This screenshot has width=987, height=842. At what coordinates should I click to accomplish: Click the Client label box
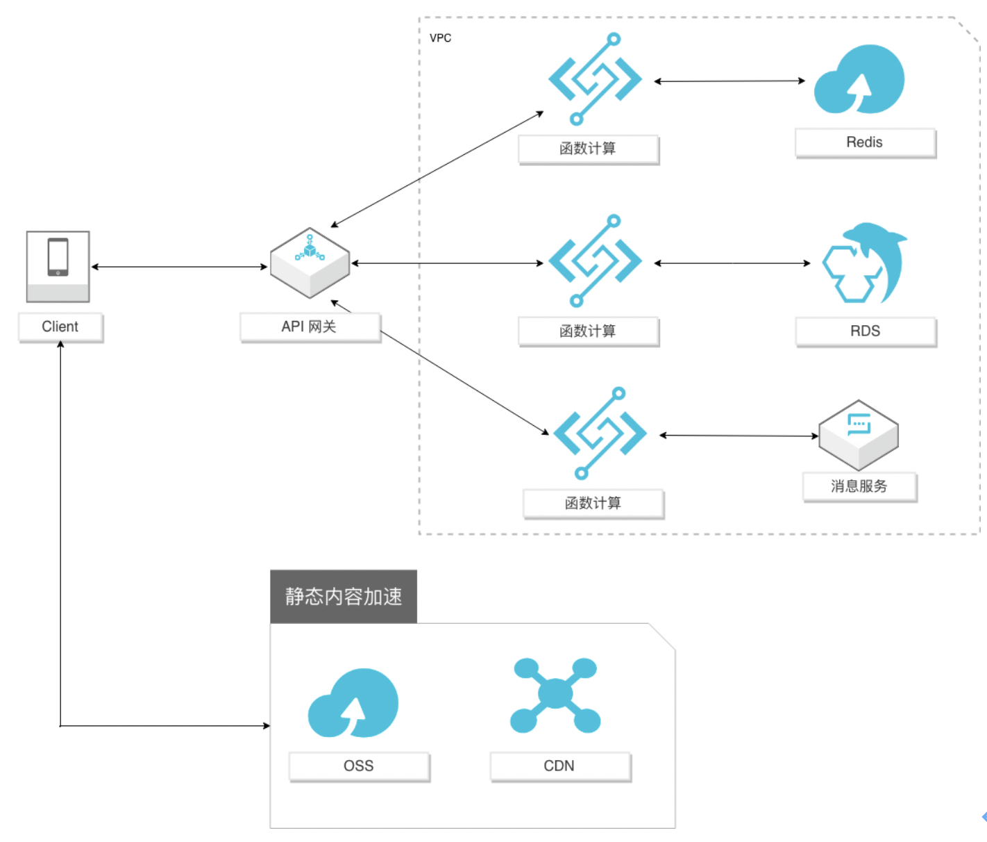pyautogui.click(x=60, y=327)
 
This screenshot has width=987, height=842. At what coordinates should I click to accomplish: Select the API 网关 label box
pyautogui.click(x=310, y=327)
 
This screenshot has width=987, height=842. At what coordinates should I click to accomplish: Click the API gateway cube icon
pyautogui.click(x=310, y=263)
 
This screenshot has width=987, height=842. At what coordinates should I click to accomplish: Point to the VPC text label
pyautogui.click(x=440, y=38)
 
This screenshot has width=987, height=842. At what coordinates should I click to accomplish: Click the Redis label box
pyautogui.click(x=865, y=142)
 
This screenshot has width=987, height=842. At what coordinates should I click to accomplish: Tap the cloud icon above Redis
pyautogui.click(x=859, y=80)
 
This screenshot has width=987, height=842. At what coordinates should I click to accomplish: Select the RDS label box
pyautogui.click(x=866, y=331)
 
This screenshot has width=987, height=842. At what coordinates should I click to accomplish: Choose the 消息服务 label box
pyautogui.click(x=859, y=486)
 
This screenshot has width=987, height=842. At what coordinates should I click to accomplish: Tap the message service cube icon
pyautogui.click(x=859, y=435)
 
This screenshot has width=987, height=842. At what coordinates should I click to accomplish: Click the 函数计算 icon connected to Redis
pyautogui.click(x=595, y=79)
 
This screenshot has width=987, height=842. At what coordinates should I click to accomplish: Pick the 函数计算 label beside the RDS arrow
pyautogui.click(x=588, y=331)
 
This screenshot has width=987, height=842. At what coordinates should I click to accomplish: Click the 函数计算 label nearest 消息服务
pyautogui.click(x=593, y=504)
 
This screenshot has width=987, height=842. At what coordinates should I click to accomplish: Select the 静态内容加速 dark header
pyautogui.click(x=344, y=597)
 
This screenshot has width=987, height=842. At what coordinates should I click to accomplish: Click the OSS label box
pyautogui.click(x=359, y=766)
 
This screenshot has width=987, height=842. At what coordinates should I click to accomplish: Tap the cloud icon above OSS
pyautogui.click(x=353, y=703)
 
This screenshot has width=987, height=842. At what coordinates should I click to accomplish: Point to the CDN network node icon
pyautogui.click(x=555, y=695)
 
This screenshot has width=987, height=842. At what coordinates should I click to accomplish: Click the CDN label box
pyautogui.click(x=559, y=766)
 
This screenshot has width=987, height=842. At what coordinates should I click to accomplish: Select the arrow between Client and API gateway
pyautogui.click(x=179, y=267)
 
